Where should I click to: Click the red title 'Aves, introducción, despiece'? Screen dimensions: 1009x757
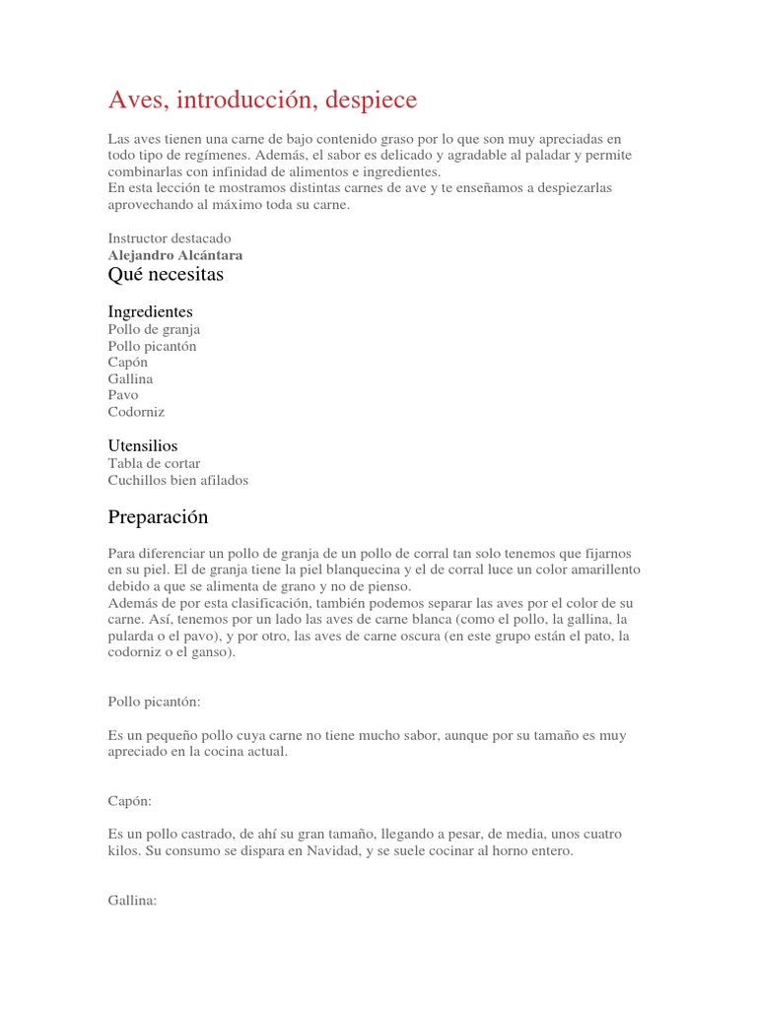pyautogui.click(x=262, y=100)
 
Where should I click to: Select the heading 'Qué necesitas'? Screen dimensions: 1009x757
pyautogui.click(x=166, y=275)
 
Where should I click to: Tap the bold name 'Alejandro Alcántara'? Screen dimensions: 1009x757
pyautogui.click(x=175, y=255)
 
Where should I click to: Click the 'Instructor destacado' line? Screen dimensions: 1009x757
pyautogui.click(x=170, y=238)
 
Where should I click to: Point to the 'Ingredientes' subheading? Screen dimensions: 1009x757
pyautogui.click(x=150, y=312)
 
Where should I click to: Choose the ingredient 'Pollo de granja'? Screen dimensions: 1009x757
pyautogui.click(x=154, y=330)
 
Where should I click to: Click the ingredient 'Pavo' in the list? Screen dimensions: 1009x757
pyautogui.click(x=123, y=395)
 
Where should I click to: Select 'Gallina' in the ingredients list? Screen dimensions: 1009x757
pyautogui.click(x=130, y=379)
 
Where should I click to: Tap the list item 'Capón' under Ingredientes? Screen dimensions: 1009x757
pyautogui.click(x=128, y=363)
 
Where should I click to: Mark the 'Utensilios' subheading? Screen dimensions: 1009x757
pyautogui.click(x=143, y=446)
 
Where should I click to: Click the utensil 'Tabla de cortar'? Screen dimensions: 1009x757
pyautogui.click(x=154, y=464)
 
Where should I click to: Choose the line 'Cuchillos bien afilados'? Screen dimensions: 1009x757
pyautogui.click(x=178, y=481)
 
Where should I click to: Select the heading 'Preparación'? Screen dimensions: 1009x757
pyautogui.click(x=158, y=517)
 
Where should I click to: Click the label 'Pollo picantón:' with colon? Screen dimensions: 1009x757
pyautogui.click(x=155, y=702)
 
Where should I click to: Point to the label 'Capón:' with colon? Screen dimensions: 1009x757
pyautogui.click(x=129, y=803)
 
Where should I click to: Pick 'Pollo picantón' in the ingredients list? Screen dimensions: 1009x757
pyautogui.click(x=153, y=347)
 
